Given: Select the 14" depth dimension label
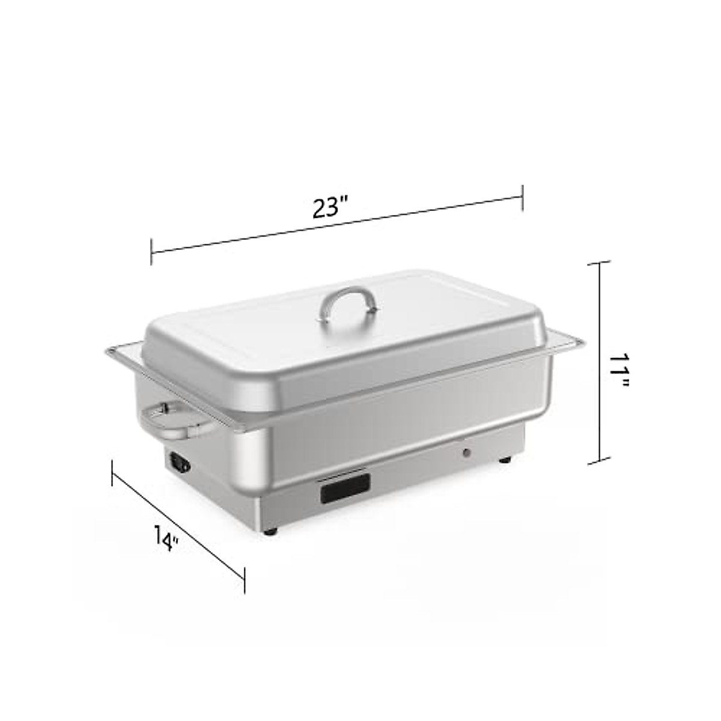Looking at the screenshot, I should point(166,538).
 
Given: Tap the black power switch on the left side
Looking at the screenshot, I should point(180,463).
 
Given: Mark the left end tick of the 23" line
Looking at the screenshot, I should point(151,251).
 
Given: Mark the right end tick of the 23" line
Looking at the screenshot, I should point(522,198).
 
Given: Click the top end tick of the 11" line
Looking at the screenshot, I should point(598,263).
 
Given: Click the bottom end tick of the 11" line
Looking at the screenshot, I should point(598,463).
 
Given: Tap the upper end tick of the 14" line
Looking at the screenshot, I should point(112,472).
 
